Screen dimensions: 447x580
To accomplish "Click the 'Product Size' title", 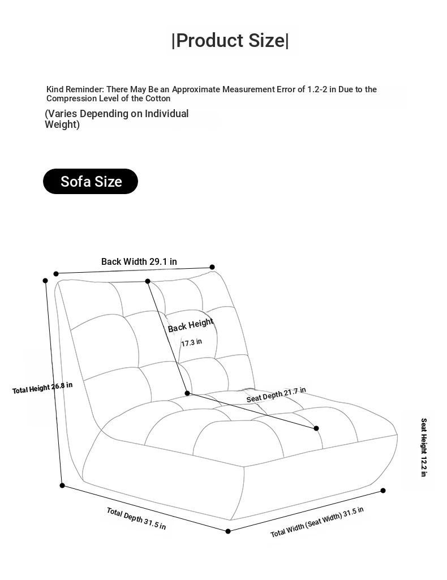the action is (x=230, y=40).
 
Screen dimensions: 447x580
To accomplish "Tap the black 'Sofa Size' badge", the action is (x=91, y=181).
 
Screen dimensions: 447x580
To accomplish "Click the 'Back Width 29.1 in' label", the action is (x=139, y=261).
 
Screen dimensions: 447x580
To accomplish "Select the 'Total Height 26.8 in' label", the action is (x=42, y=388).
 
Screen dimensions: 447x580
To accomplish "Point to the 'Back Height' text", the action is (x=191, y=325).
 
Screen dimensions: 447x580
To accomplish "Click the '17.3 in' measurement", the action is (x=191, y=342).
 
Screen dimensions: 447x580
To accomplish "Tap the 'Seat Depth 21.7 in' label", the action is (x=276, y=394).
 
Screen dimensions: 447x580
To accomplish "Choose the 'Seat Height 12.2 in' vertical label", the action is (x=424, y=447).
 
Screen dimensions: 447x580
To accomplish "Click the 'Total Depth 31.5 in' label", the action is (x=136, y=518).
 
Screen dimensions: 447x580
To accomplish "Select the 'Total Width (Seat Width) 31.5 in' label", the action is (x=317, y=522).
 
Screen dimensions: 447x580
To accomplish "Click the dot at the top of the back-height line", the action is (x=148, y=281).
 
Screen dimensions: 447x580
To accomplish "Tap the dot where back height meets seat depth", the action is (x=187, y=393).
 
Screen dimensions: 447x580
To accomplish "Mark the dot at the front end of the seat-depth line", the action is (x=316, y=428).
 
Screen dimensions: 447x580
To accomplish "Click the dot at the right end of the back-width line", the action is (x=212, y=267).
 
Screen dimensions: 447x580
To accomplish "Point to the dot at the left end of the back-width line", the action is (x=56, y=274).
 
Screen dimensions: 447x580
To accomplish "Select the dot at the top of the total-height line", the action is (x=45, y=281).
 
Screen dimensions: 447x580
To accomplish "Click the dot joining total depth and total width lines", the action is (x=228, y=531).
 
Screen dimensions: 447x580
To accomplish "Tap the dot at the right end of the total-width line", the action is (x=383, y=491).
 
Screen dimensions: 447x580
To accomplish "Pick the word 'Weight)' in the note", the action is (x=62, y=124).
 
